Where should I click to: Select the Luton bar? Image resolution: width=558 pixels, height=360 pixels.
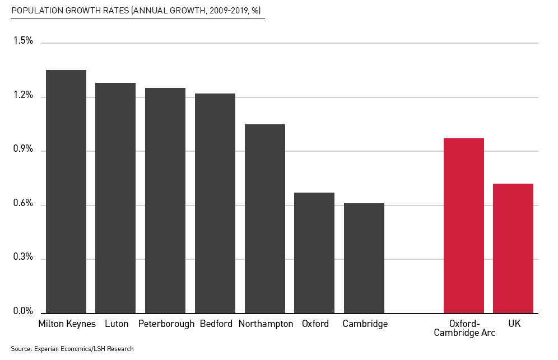(x=115, y=198)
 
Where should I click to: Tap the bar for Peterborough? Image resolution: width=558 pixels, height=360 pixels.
(x=165, y=200)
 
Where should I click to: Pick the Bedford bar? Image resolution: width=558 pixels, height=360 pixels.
(x=215, y=203)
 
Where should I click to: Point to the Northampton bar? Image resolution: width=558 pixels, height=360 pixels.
(x=265, y=219)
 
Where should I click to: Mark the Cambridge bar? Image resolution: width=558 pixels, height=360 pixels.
(x=364, y=258)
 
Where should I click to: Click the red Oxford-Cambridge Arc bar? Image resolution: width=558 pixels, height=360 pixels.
(x=464, y=226)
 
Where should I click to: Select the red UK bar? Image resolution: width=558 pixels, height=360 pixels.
(x=513, y=249)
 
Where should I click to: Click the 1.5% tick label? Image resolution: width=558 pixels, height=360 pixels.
(x=23, y=41)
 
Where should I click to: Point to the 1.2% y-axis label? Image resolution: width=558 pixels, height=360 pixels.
(x=23, y=96)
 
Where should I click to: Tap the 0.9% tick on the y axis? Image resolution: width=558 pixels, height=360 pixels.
(x=23, y=149)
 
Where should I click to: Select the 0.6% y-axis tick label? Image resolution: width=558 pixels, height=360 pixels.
(x=23, y=204)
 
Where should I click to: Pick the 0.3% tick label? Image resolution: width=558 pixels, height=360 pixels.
(x=23, y=258)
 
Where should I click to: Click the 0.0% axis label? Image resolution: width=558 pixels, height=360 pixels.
(x=23, y=311)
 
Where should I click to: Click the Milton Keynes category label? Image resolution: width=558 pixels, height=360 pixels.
(x=67, y=324)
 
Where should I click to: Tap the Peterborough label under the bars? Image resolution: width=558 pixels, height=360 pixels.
(x=166, y=324)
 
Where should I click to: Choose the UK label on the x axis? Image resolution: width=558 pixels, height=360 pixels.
(x=514, y=324)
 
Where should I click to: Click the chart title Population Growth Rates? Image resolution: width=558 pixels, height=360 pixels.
(x=136, y=11)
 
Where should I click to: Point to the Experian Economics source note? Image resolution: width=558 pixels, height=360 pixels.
(x=72, y=349)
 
